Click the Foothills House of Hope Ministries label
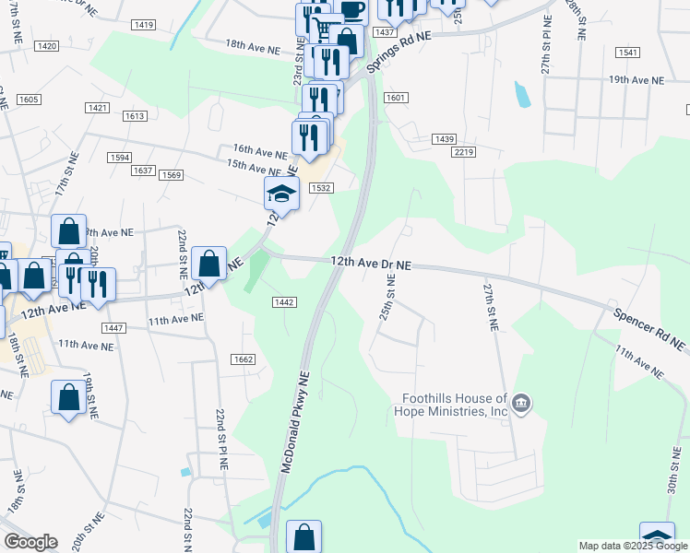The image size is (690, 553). tap(455, 406)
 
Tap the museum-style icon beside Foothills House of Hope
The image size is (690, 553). tap(521, 404)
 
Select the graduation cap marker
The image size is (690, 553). tap(281, 194)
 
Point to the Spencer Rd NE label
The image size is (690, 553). tap(650, 325)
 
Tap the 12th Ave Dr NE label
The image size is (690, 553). tap(371, 263)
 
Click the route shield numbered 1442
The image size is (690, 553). tap(284, 302)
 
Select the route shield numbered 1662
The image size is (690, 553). tap(244, 359)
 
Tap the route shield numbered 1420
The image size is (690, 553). tap(46, 45)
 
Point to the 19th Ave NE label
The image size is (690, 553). tap(636, 81)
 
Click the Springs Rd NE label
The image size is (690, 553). tap(399, 51)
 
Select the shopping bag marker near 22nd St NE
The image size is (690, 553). tap(209, 264)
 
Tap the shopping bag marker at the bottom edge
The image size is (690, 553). tap(303, 537)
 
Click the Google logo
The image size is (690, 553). tap(31, 542)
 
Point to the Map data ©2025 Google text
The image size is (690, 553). tap(633, 546)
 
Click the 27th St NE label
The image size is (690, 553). tap(491, 307)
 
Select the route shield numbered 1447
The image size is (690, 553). tap(114, 328)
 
